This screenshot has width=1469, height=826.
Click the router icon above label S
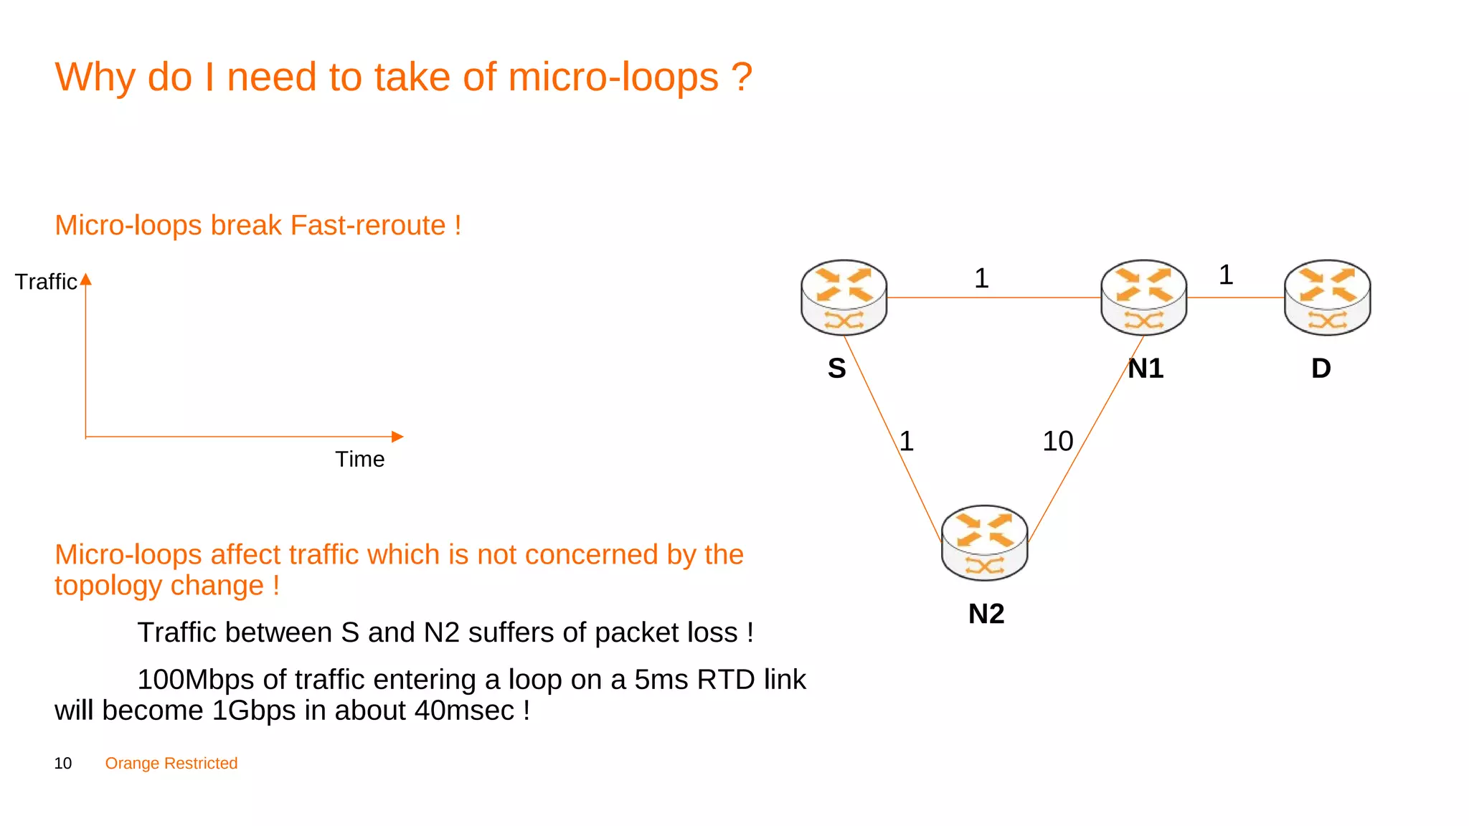(x=844, y=297)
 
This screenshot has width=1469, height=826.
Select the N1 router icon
(x=1143, y=297)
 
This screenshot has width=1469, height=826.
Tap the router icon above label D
(x=1327, y=297)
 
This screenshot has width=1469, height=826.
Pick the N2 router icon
(x=984, y=542)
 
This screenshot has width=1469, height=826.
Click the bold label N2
(x=986, y=614)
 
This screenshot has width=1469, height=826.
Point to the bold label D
(x=1321, y=369)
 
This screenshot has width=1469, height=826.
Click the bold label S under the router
(x=836, y=369)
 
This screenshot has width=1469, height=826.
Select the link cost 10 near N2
(x=1057, y=441)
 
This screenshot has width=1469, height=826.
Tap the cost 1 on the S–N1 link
(x=981, y=278)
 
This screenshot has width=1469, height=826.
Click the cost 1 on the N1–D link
(x=1226, y=275)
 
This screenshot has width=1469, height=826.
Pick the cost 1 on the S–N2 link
(x=907, y=441)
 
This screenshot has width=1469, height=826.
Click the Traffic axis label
(x=45, y=282)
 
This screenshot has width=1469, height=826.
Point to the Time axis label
(x=359, y=459)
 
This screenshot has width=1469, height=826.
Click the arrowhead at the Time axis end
(x=398, y=437)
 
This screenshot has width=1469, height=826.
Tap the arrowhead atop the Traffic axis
(x=86, y=279)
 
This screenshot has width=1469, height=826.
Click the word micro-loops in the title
(x=613, y=77)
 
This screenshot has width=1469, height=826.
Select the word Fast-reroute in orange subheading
(x=368, y=225)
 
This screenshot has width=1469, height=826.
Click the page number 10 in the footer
(x=63, y=764)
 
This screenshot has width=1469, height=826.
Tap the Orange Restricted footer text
(x=171, y=764)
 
